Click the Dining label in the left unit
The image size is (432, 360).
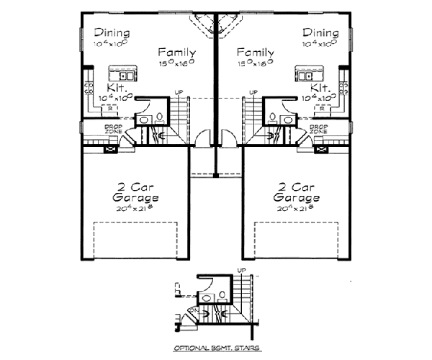coord(112,32)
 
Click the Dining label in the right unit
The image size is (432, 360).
coord(320,32)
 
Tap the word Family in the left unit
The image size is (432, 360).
coord(177,53)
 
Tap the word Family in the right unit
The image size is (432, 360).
coord(255,53)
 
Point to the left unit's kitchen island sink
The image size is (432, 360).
coord(124,73)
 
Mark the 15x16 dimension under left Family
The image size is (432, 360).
coord(177,63)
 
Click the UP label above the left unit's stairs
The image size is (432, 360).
coord(179,92)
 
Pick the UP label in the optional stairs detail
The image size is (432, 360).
coord(241,270)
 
